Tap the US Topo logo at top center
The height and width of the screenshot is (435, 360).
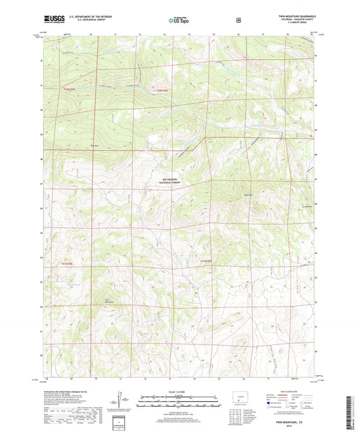179,21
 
